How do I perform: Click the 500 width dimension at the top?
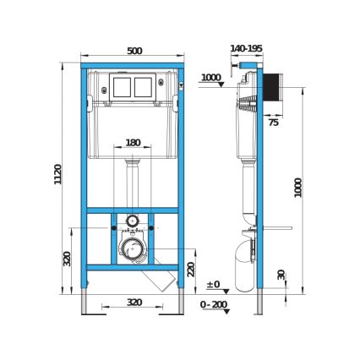tap(134, 52)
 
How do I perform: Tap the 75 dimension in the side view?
tap(273, 123)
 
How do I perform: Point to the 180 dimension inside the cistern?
tap(133, 143)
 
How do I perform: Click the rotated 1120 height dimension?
tap(59, 175)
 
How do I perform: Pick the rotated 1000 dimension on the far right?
tap(298, 188)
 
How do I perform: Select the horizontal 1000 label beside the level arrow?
tap(210, 78)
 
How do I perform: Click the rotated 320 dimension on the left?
tap(68, 258)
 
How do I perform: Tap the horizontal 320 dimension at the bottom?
tap(134, 301)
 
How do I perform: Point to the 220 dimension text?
tap(192, 269)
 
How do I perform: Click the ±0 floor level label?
tap(213, 284)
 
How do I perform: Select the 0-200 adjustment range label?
tap(214, 304)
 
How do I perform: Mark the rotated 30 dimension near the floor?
tap(281, 275)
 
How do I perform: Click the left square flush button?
tap(121, 86)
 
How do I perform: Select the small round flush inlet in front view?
tap(132, 221)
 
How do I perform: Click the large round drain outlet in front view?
tap(131, 249)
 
